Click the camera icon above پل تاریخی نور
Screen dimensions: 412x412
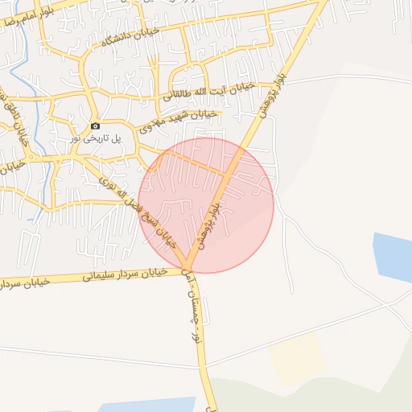(x=95, y=126)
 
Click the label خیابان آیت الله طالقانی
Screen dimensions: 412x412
(x=209, y=90)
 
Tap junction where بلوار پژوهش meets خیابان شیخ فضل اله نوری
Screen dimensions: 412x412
(x=187, y=268)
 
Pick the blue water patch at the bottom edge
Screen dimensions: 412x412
(x=161, y=404)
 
